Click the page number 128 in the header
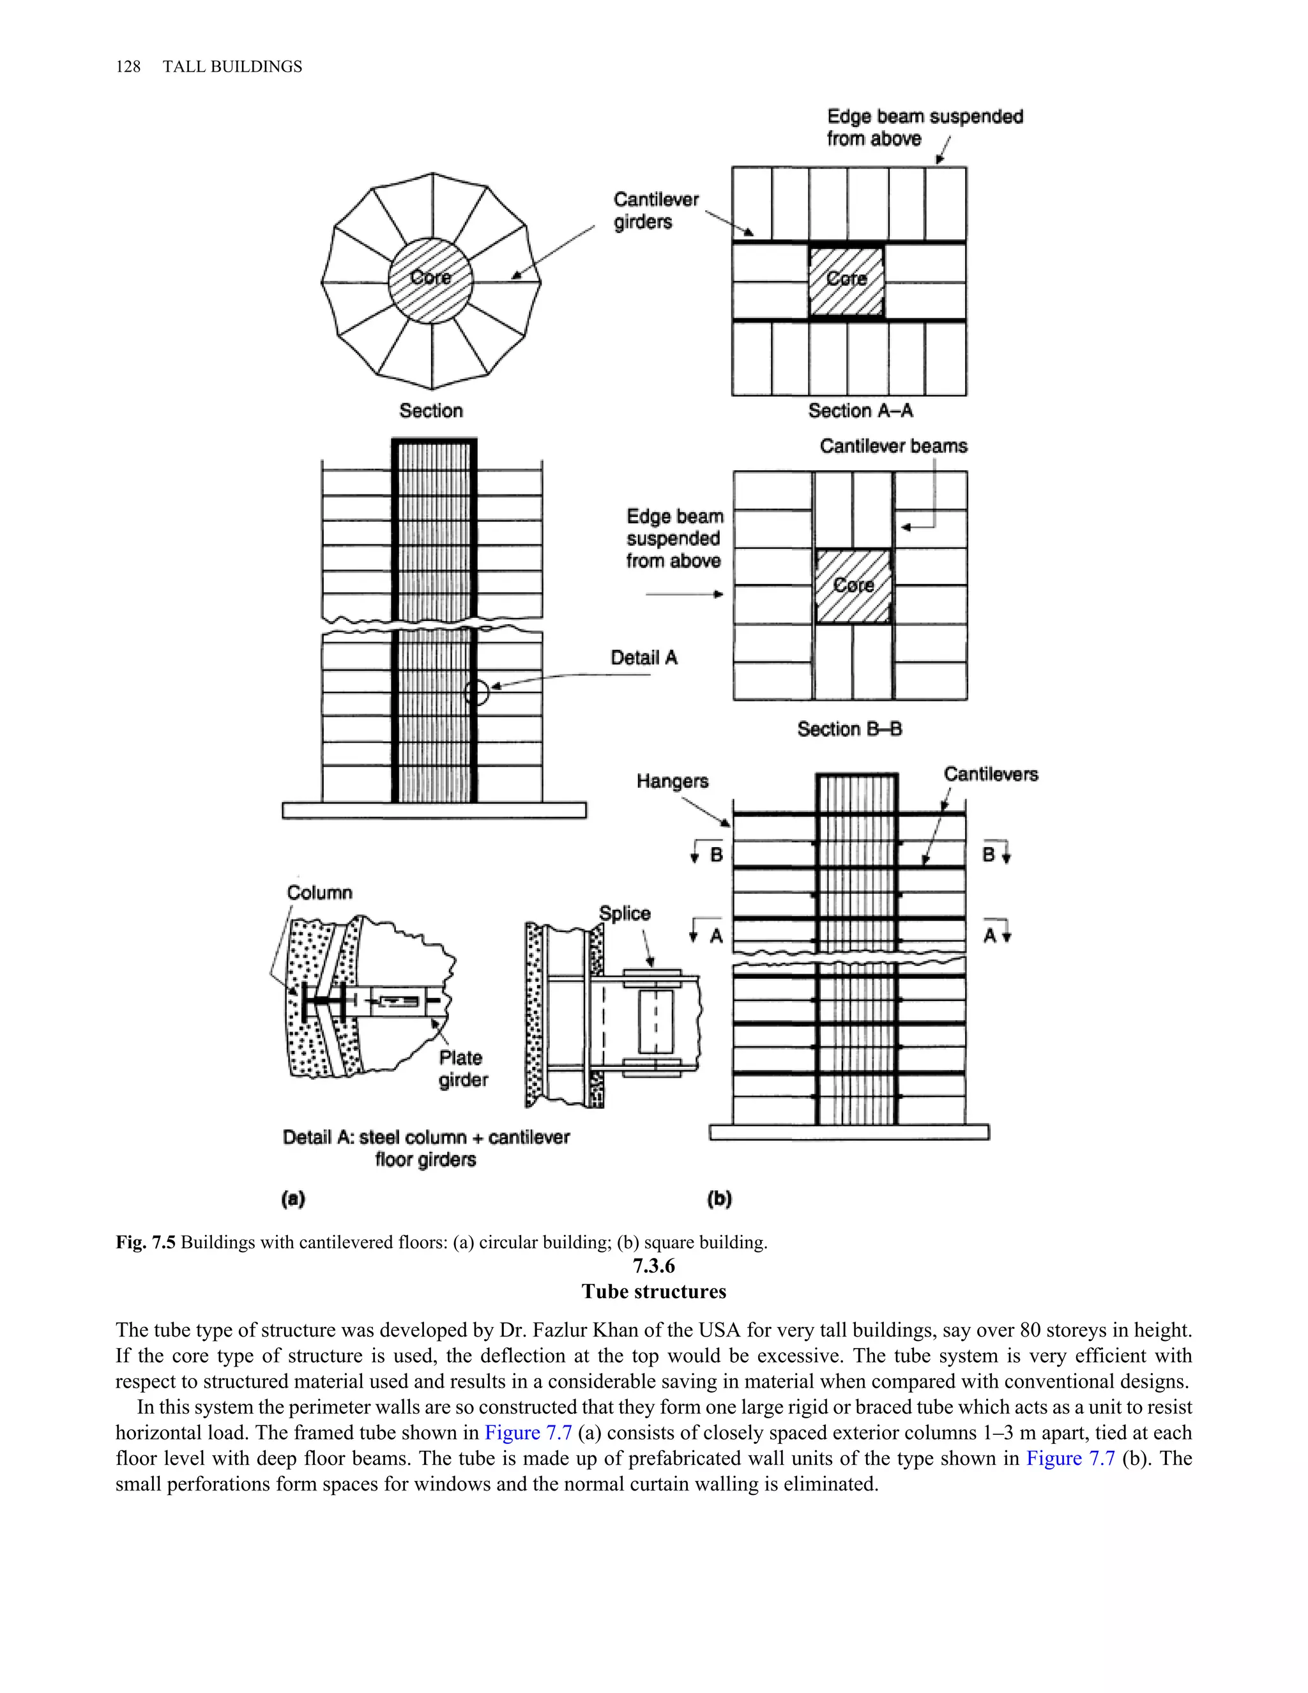click(128, 66)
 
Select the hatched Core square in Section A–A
click(846, 280)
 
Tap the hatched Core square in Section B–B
click(853, 585)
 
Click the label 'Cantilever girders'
click(655, 211)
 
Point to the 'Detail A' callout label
click(644, 657)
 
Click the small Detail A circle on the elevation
click(476, 693)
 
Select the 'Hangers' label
click(672, 781)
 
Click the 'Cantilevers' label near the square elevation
click(991, 774)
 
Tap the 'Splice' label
click(625, 913)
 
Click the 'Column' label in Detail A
click(319, 892)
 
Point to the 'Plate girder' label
click(462, 1068)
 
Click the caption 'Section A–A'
click(860, 411)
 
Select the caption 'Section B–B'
click(849, 729)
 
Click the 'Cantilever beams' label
click(894, 446)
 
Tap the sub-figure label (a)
click(293, 1199)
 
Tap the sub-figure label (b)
click(719, 1199)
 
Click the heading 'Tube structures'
click(654, 1291)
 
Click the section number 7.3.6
click(654, 1266)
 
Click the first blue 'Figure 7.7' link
click(528, 1432)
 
